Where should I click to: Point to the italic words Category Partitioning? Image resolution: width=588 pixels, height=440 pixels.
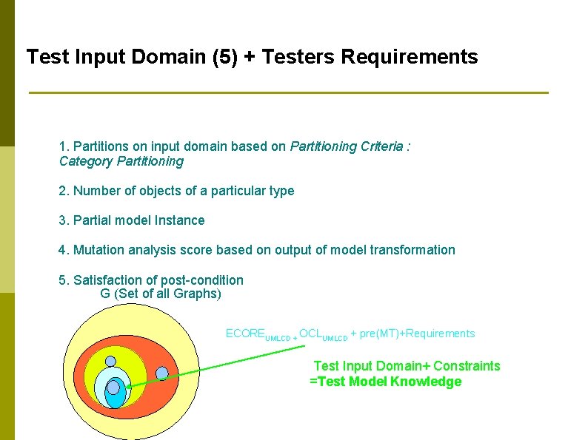(x=121, y=161)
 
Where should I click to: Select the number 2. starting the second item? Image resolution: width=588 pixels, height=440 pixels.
(x=64, y=191)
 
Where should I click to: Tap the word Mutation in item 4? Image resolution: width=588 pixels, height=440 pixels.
(x=100, y=250)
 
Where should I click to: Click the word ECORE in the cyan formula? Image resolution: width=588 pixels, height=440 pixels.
(x=244, y=334)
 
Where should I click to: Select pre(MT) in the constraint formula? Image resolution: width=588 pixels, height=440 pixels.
(x=378, y=334)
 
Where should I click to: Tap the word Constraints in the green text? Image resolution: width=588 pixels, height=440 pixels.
(x=467, y=366)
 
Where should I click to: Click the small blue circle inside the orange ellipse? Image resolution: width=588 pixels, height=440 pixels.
(x=162, y=373)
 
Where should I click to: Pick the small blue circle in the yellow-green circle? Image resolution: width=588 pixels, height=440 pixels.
(x=110, y=362)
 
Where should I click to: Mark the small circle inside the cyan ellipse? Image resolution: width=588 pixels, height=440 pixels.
(x=113, y=387)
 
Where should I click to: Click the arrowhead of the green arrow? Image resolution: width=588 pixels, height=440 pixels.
(x=127, y=385)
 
